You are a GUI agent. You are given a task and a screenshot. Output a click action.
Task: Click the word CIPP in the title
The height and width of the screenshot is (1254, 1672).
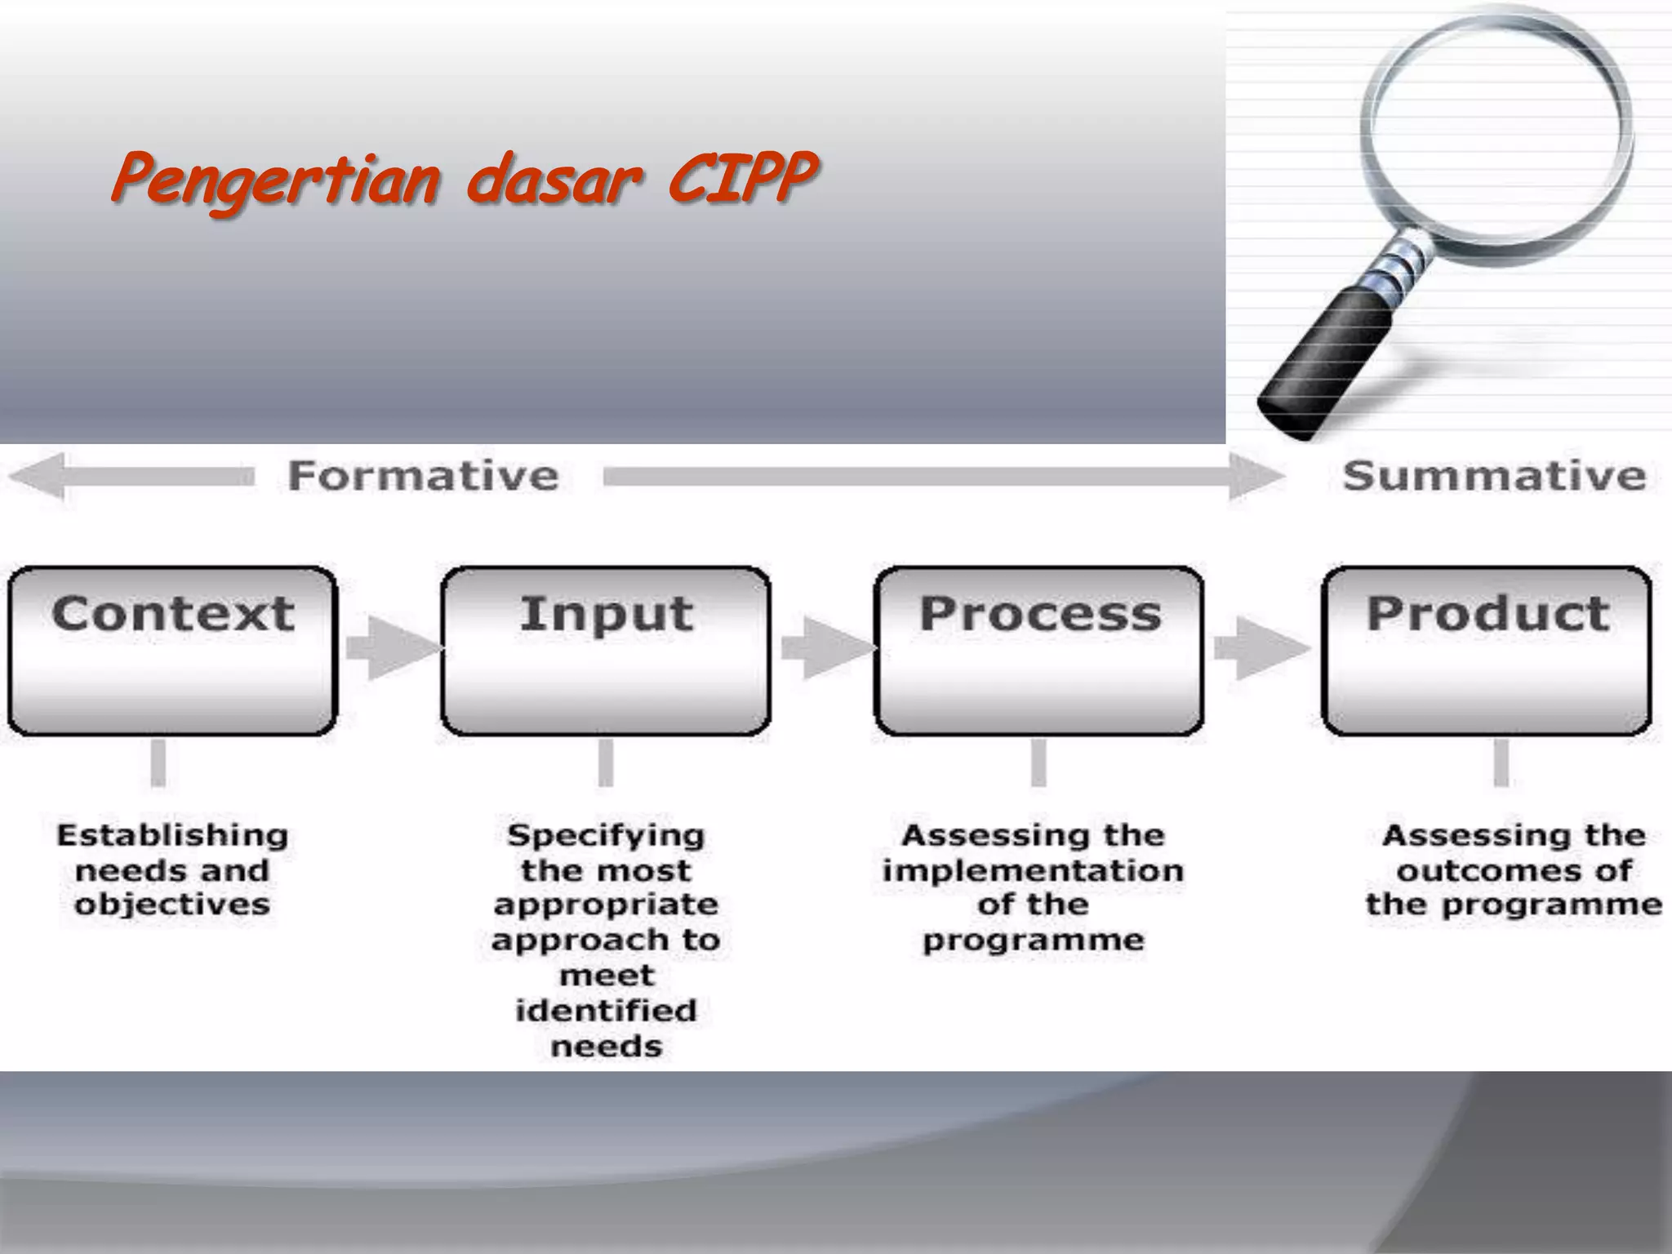(741, 177)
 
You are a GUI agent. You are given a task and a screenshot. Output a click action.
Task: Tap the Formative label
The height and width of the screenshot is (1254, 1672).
(423, 475)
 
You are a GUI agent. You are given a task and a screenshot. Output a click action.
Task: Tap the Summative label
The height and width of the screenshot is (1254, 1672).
(1494, 475)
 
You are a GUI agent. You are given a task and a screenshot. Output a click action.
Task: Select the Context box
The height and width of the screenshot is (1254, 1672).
(172, 651)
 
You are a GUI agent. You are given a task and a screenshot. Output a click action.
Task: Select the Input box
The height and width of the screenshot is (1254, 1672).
(606, 651)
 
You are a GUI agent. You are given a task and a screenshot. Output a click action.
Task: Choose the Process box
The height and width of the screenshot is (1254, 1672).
(1038, 651)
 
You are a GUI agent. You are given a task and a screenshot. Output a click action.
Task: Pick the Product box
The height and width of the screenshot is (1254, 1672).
(1487, 651)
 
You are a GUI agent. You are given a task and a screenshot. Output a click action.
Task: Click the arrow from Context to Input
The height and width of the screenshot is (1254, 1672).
(390, 648)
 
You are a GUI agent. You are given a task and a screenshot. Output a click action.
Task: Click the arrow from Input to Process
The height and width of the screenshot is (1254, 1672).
(825, 648)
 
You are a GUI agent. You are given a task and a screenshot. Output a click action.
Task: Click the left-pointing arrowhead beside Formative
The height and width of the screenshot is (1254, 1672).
(37, 476)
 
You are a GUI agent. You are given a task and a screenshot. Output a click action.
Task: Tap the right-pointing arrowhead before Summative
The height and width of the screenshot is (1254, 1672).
(1254, 476)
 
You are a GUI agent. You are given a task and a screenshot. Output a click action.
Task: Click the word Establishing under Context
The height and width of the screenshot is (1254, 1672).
(172, 835)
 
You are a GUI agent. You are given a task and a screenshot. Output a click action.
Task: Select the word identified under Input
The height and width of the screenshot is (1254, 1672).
(606, 1011)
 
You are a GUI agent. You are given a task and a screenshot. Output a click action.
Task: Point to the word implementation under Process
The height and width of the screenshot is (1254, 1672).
(1033, 870)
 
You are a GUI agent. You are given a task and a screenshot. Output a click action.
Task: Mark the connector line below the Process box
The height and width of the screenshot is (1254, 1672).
(1038, 763)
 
